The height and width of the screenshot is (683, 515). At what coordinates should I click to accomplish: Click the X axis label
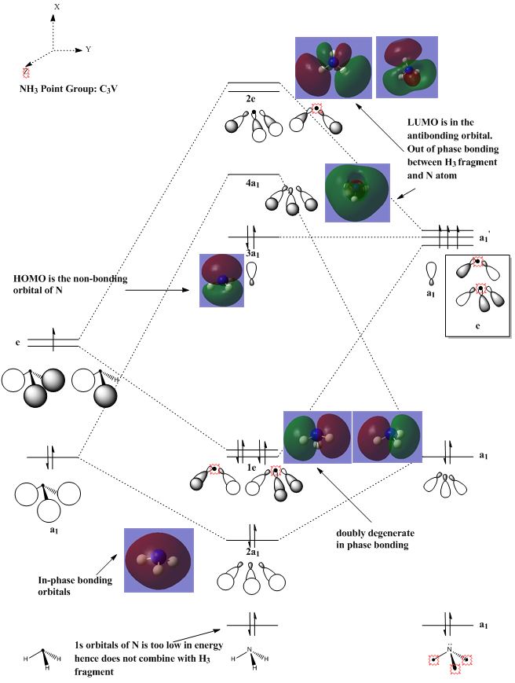coord(57,6)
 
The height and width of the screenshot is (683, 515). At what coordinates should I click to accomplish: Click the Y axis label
coord(89,50)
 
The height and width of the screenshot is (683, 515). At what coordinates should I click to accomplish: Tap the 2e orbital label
coord(252,100)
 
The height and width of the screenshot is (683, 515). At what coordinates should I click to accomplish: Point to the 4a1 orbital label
coord(251,184)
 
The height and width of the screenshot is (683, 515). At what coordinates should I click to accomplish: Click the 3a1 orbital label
coord(252,254)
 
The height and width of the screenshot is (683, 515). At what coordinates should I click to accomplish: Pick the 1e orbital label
coord(251,468)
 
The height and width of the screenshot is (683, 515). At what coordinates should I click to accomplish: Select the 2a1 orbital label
coord(252,553)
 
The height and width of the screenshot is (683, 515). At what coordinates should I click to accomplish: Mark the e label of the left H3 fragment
coord(17,343)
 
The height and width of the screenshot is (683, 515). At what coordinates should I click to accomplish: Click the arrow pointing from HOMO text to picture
coord(157,291)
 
